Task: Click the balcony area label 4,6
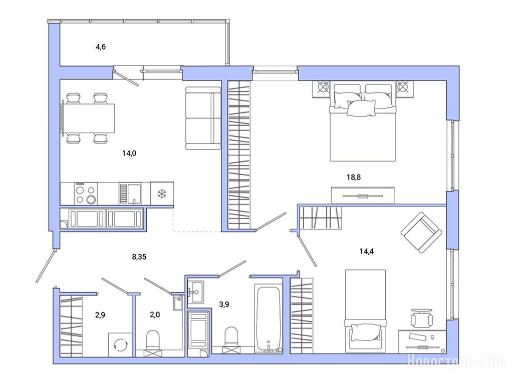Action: (100, 47)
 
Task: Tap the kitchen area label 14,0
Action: (129, 153)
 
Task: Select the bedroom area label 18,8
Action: (354, 177)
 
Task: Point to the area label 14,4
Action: (367, 251)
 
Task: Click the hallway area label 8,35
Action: (139, 257)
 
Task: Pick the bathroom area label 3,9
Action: (224, 304)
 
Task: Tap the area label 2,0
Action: (155, 315)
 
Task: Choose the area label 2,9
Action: (100, 315)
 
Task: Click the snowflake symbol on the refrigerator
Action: (162, 193)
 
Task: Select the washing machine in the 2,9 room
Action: (120, 344)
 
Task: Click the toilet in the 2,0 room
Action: (153, 339)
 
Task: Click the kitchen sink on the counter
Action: (130, 193)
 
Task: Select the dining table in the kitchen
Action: (88, 118)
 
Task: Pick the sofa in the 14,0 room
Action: (203, 118)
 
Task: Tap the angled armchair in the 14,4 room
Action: (421, 232)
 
